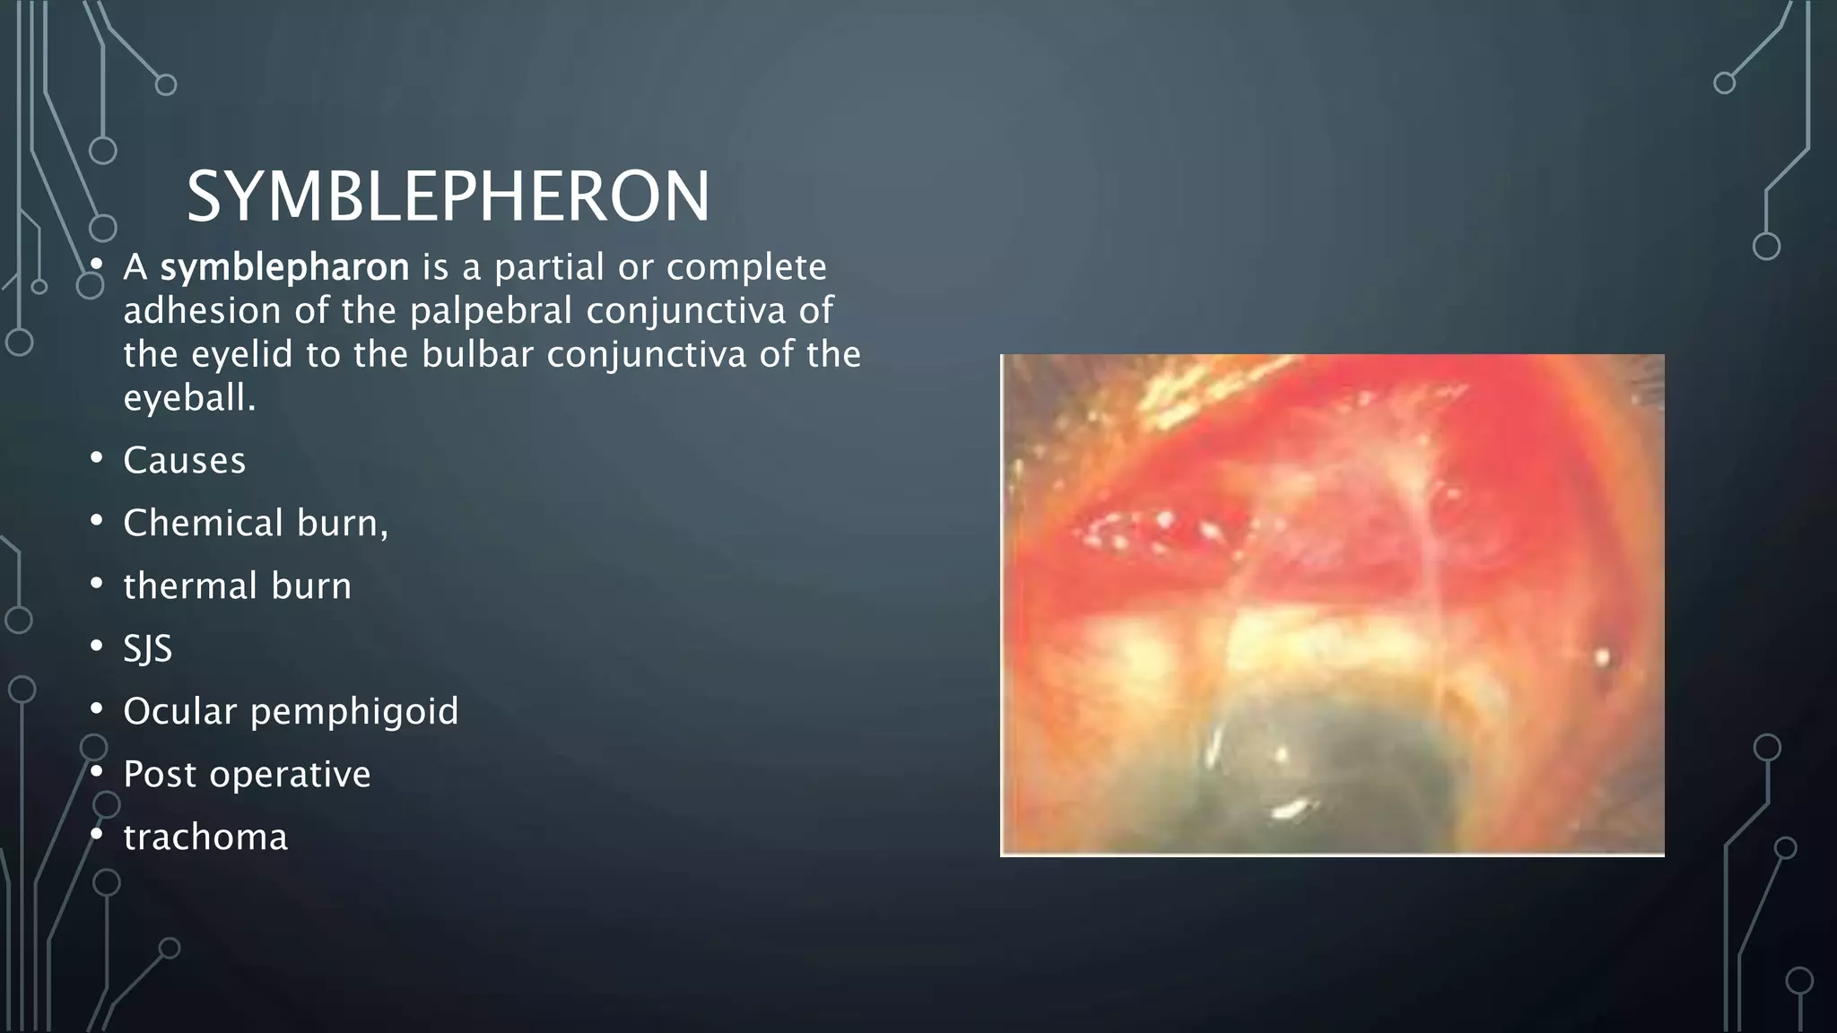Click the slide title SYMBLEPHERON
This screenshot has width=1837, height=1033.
448,196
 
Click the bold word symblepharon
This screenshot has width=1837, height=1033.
284,267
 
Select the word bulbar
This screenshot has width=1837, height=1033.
478,354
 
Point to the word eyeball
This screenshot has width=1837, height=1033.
187,398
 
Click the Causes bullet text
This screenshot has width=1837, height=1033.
184,461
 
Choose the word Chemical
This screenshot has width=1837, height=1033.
203,523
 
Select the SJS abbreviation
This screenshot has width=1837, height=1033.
147,648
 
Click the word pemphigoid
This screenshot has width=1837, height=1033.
354,712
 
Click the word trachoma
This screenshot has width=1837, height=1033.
205,838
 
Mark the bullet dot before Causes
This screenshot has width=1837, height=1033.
97,458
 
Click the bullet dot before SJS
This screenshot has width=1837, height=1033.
97,647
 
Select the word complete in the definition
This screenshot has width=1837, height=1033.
746,267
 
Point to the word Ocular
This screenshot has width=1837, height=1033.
178,711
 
